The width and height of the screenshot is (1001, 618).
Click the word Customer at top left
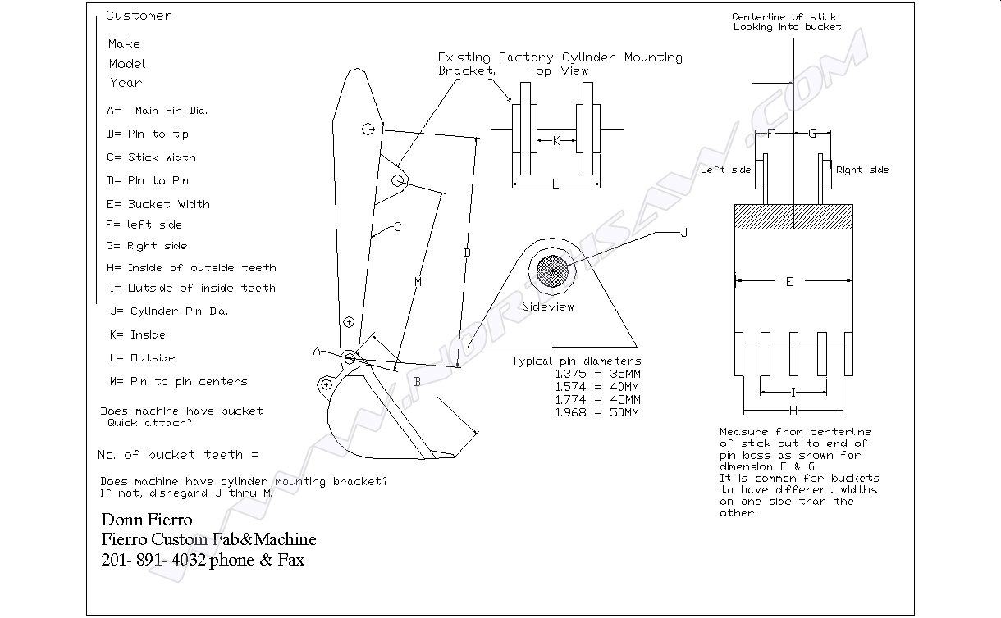tap(139, 16)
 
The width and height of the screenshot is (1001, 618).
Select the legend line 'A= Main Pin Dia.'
tap(157, 111)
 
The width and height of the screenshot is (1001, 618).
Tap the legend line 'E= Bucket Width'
tap(158, 204)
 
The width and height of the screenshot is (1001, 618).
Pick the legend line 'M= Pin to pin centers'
tap(177, 381)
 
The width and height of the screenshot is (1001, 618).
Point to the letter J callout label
tap(684, 233)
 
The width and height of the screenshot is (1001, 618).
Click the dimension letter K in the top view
tap(556, 141)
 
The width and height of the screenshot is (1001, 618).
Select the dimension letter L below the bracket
tap(555, 184)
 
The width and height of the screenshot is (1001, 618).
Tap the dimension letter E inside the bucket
tap(789, 282)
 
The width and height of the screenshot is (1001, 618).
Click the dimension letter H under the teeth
tap(793, 410)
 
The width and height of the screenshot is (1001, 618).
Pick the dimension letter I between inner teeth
tap(793, 392)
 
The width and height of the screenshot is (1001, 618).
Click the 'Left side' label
tap(725, 170)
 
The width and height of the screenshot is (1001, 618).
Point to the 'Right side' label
tap(862, 170)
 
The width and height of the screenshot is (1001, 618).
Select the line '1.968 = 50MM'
tap(596, 412)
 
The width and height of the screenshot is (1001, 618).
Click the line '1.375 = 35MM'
tap(596, 374)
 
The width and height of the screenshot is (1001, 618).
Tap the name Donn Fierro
tap(147, 520)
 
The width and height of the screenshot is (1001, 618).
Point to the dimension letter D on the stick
tap(467, 252)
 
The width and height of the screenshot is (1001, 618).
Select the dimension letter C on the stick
tap(397, 227)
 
